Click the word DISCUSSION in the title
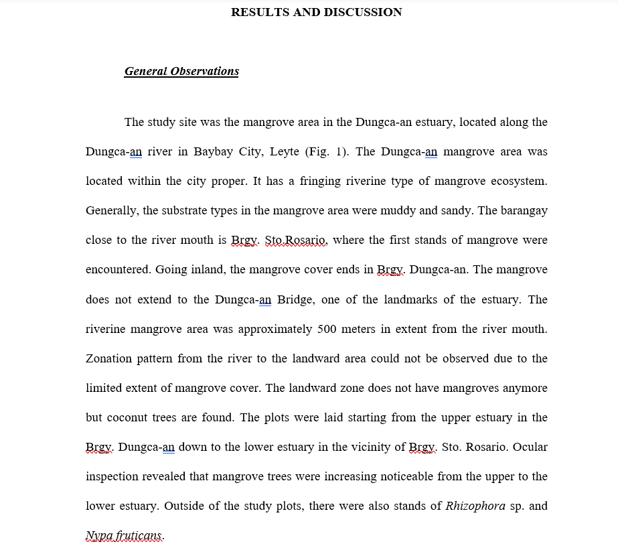[x=363, y=12]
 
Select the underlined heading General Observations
[x=181, y=72]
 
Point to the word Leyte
[x=285, y=151]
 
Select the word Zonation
[x=109, y=358]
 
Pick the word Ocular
[x=530, y=447]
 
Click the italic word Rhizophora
[x=475, y=506]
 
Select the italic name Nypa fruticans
[x=125, y=536]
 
